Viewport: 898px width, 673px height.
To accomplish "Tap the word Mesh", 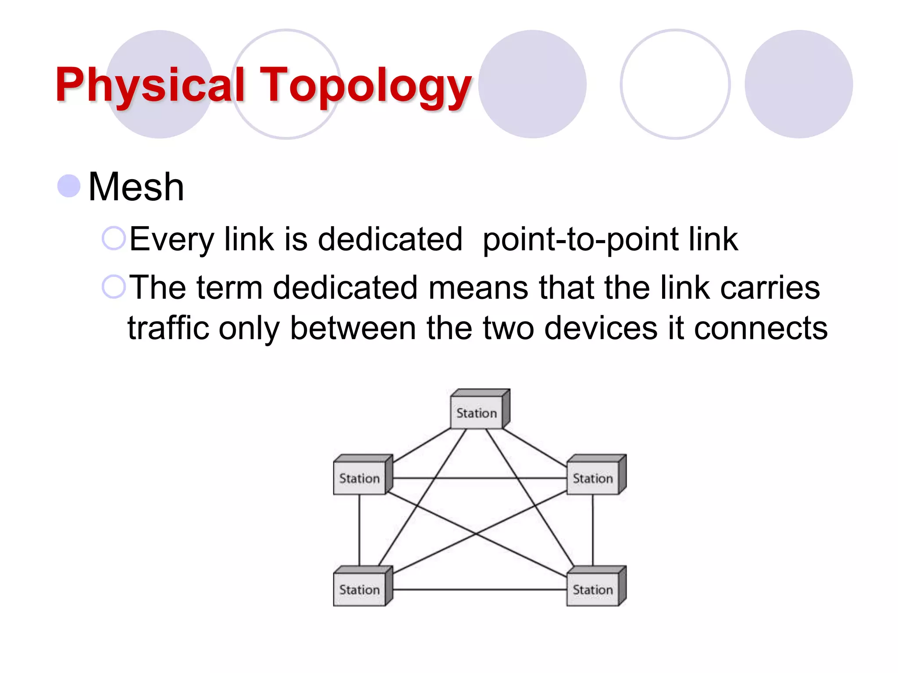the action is point(136,187).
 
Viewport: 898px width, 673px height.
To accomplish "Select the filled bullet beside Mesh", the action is point(69,186).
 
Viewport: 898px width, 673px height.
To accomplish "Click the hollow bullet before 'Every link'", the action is point(114,238).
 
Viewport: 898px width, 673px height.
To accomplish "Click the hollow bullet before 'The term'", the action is point(114,287).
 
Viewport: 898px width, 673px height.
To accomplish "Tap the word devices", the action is point(601,328).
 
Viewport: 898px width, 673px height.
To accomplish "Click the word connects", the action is point(761,328).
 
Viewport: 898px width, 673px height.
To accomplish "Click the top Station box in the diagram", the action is point(477,412).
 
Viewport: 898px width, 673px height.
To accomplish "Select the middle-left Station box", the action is point(360,478).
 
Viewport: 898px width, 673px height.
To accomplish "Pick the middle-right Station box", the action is point(593,478).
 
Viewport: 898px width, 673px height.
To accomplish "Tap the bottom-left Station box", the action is point(360,589).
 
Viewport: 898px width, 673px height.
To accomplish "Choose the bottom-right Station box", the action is point(593,589).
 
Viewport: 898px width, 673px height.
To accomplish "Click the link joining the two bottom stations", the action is point(478,590).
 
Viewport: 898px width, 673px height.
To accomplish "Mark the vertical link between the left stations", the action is point(360,530).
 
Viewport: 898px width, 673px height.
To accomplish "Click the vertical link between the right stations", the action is point(593,530).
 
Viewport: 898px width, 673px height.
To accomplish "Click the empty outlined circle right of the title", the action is point(675,84).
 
